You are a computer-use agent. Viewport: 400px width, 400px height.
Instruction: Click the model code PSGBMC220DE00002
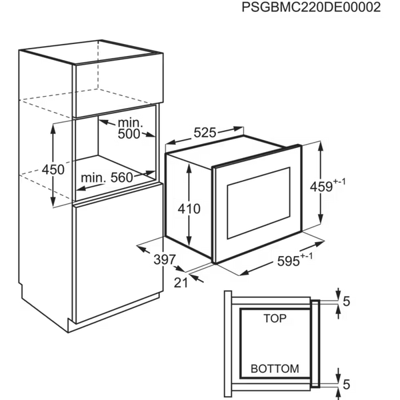[x=311, y=7]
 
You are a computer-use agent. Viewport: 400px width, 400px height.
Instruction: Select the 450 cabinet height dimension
[x=53, y=169]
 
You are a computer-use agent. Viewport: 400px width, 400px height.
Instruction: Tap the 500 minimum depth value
[x=129, y=134]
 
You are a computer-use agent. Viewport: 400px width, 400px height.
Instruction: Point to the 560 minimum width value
[x=122, y=177]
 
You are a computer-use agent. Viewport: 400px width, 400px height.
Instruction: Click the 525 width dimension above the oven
[x=205, y=133]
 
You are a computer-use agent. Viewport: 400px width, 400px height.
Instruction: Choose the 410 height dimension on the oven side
[x=189, y=209]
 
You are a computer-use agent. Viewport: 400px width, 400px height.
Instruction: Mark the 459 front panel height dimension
[x=328, y=185]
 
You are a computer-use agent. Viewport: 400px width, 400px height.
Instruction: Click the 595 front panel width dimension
[x=295, y=259]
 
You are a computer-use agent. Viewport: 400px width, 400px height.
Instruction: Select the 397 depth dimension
[x=165, y=260]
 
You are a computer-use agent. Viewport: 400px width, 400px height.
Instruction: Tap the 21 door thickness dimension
[x=181, y=283]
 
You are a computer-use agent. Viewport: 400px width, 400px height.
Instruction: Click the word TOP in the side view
[x=275, y=319]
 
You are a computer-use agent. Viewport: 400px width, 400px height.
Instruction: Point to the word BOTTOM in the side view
[x=275, y=369]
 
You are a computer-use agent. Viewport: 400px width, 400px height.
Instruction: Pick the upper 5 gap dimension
[x=347, y=301]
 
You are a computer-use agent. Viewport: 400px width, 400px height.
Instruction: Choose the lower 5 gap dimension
[x=347, y=385]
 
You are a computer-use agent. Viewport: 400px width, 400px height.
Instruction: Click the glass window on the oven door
[x=259, y=203]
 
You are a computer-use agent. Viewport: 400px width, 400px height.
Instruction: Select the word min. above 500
[x=131, y=123]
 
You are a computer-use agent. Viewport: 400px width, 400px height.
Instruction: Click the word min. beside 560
[x=93, y=177]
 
